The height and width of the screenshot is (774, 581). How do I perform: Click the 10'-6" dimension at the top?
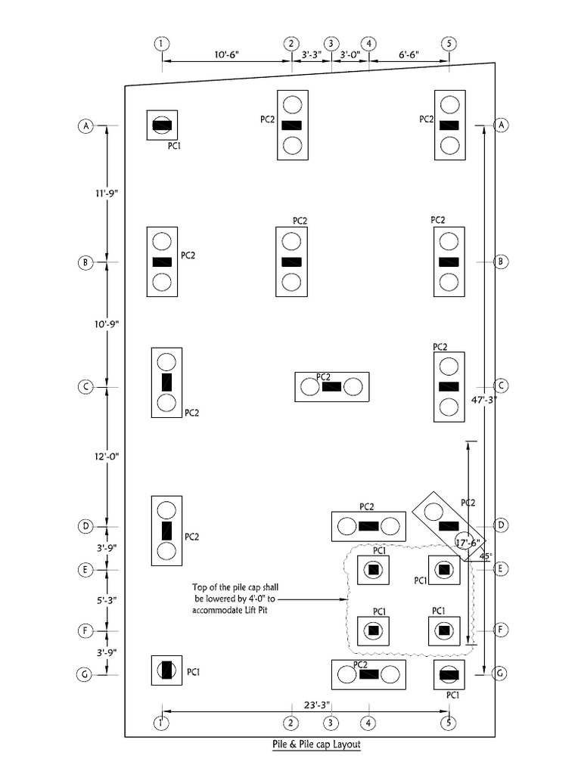pyautogui.click(x=226, y=55)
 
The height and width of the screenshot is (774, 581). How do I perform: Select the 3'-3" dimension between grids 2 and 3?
pyautogui.click(x=311, y=55)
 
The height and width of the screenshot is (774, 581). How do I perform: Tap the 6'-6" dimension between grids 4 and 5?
pyautogui.click(x=409, y=55)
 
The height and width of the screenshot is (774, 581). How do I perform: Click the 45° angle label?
pyautogui.click(x=486, y=556)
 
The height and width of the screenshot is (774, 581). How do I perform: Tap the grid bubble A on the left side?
pyautogui.click(x=85, y=126)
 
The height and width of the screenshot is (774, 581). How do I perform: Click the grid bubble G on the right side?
pyautogui.click(x=499, y=673)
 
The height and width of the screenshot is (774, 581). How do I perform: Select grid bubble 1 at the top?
pyautogui.click(x=162, y=43)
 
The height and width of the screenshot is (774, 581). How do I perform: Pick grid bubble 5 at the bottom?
pyautogui.click(x=449, y=723)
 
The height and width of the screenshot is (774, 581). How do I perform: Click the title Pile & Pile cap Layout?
pyautogui.click(x=317, y=745)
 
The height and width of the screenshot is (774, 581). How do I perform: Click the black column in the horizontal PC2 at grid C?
pyautogui.click(x=331, y=386)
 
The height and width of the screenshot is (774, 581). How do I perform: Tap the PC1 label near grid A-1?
pyautogui.click(x=174, y=145)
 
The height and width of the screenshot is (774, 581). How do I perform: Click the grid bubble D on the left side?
pyautogui.click(x=85, y=525)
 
